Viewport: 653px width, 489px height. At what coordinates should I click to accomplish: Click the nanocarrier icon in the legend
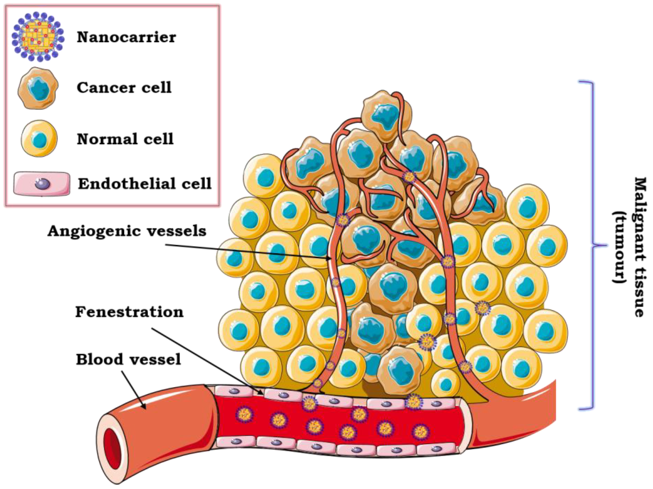(38, 37)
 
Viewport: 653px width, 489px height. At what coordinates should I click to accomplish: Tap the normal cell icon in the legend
(39, 138)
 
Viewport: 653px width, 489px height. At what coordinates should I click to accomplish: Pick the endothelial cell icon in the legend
(42, 183)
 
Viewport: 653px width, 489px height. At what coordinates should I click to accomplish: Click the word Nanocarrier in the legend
(126, 37)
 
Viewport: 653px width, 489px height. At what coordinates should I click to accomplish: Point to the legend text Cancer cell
(124, 88)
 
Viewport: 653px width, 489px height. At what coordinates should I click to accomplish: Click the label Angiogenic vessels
(127, 231)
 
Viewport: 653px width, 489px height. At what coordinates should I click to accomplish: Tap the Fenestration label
(129, 312)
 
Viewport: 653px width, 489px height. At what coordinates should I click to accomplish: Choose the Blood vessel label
(129, 359)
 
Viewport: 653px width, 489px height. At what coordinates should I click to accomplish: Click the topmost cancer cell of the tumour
(386, 116)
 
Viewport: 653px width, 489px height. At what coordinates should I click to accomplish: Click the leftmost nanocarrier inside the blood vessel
(244, 414)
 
